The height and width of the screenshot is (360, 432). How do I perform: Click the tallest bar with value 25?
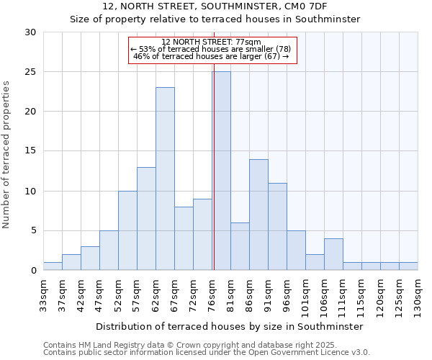[222, 171]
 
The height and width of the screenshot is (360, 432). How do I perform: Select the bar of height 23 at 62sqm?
[165, 179]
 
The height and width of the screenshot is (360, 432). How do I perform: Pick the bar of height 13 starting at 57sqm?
[146, 218]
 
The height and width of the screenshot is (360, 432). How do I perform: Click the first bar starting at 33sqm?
[53, 266]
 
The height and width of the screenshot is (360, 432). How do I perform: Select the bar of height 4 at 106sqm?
[333, 254]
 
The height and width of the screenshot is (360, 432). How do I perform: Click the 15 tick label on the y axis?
[31, 151]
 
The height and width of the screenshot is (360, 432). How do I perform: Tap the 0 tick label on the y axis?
[33, 271]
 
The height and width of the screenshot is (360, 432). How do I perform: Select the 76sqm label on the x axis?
[212, 294]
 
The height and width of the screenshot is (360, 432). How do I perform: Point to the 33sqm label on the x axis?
[43, 294]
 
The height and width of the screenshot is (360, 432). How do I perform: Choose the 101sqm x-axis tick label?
[305, 296]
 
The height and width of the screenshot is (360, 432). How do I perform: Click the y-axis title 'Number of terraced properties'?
[7, 154]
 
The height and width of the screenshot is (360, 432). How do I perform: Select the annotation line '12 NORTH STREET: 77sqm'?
[212, 42]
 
